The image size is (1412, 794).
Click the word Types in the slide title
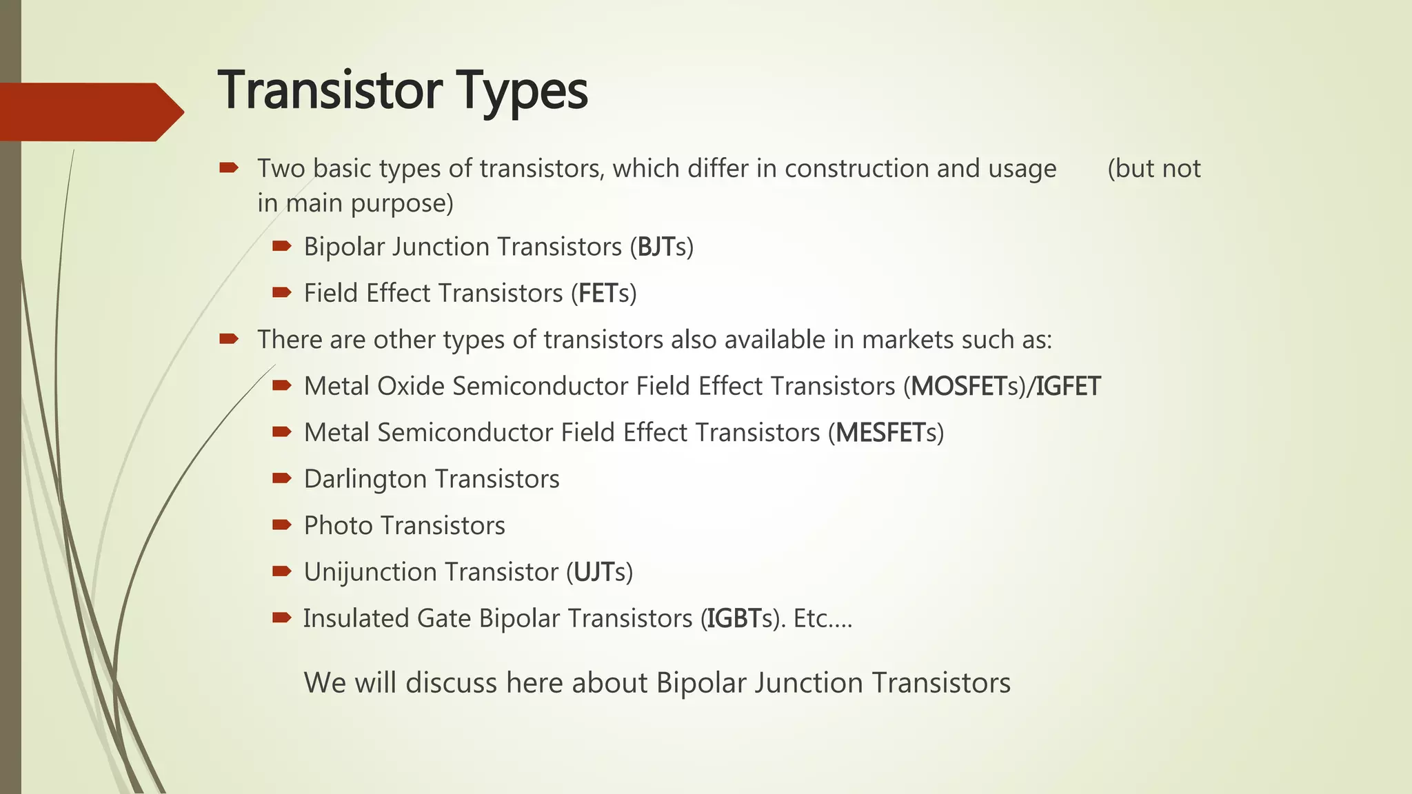coord(521,90)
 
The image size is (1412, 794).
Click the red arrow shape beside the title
coord(90,112)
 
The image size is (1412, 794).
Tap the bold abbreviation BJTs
coord(660,247)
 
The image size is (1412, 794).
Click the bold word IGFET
coord(1068,387)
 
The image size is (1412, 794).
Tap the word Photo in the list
coord(338,526)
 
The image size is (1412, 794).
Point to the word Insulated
coord(356,619)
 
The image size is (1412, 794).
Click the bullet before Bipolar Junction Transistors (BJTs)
coord(281,246)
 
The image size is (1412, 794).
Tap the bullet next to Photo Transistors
coord(281,525)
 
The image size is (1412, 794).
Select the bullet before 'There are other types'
coord(228,338)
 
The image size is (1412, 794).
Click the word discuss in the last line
coord(451,683)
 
